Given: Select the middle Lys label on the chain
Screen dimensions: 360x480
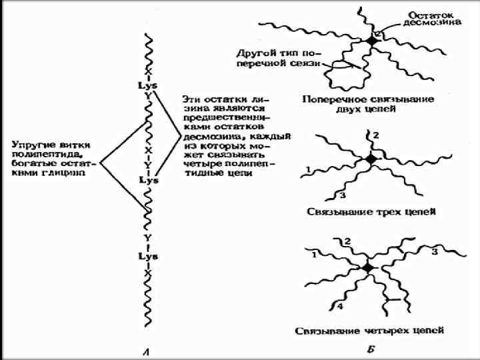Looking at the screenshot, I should [147, 180].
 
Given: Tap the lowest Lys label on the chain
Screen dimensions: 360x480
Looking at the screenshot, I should [147, 256].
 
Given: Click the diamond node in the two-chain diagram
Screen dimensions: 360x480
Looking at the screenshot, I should [371, 41].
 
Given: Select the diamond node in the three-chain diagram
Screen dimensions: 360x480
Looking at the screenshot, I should [371, 160].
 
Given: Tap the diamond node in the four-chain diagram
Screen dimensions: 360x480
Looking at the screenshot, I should [368, 267].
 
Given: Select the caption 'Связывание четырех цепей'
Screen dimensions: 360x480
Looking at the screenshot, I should [369, 330].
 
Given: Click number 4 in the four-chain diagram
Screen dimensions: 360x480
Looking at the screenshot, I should [339, 307].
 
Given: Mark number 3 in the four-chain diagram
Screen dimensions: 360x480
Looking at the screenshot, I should [434, 252].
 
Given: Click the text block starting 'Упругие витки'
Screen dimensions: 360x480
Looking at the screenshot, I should [54, 158].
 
